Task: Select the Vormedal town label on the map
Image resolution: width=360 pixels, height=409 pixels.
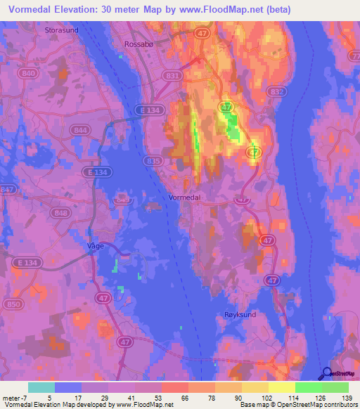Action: [185, 197]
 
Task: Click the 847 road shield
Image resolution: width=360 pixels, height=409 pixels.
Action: [7, 190]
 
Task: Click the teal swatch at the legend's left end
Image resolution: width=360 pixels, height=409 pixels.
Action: [41, 387]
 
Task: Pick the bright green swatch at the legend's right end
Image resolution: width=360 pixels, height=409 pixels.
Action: [335, 387]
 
